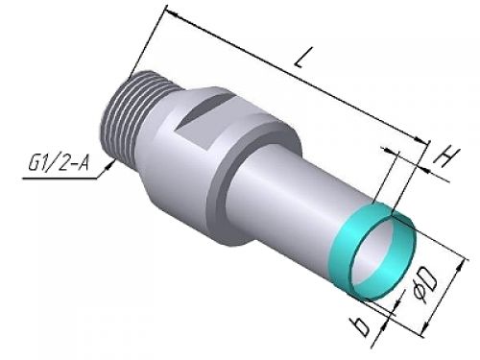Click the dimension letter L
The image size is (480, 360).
pos(303,58)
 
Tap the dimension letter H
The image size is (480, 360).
pos(446,156)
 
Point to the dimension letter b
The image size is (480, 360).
pos(362,326)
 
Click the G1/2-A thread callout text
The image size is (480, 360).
pos(58,163)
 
